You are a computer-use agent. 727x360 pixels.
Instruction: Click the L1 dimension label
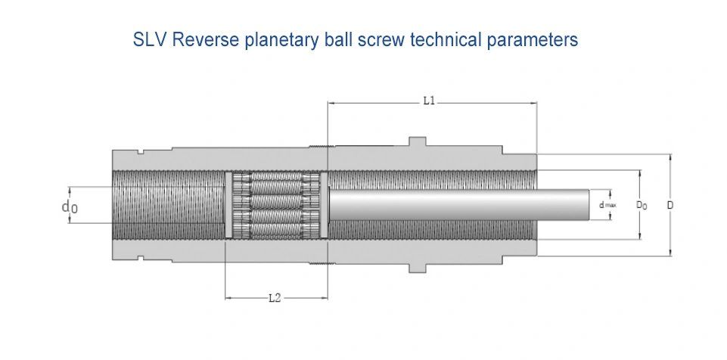[x=429, y=101]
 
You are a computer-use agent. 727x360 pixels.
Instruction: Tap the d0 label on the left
[x=69, y=206]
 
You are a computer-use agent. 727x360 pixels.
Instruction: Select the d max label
[x=607, y=205]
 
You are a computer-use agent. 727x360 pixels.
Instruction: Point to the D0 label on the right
[x=642, y=205]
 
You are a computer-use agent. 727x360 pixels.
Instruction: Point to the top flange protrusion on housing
[x=418, y=141]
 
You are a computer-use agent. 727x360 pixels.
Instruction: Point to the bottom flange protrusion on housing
[x=418, y=268]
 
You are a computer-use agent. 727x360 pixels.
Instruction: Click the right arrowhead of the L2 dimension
[x=324, y=298]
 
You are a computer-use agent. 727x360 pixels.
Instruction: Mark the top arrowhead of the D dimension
[x=670, y=157]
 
